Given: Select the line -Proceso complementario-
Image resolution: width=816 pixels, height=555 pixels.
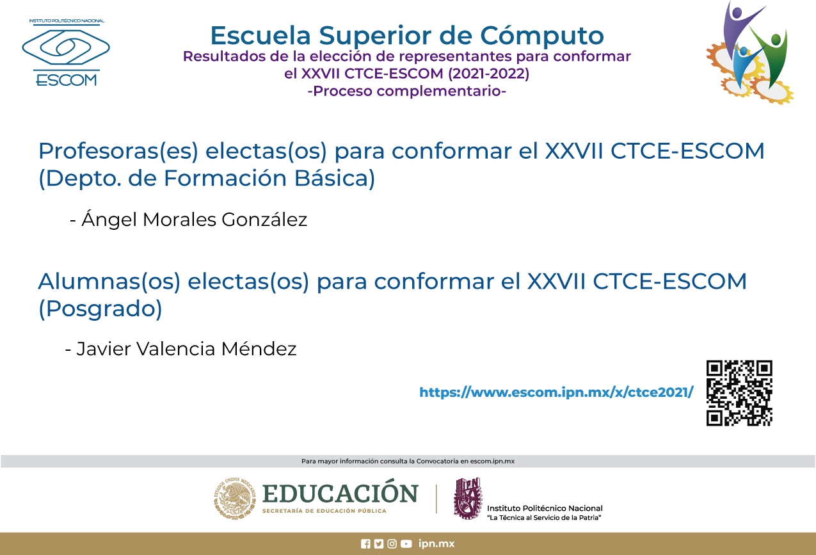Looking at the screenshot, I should pos(407,91).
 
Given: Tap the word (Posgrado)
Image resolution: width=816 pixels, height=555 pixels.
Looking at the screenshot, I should pos(100,309).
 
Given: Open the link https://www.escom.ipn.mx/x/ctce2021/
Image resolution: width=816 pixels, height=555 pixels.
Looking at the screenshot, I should pos(556,392).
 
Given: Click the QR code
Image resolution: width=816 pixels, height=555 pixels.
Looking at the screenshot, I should pos(739,393).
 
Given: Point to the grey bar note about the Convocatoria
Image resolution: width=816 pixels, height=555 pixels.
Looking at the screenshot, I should pos(408,461).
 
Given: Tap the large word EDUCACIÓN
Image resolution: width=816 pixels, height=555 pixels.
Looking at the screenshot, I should pos(340,494).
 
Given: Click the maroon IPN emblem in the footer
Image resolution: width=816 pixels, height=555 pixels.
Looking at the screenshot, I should pos(467,498).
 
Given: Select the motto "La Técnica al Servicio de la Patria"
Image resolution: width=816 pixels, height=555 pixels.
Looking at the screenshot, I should pos(544,517).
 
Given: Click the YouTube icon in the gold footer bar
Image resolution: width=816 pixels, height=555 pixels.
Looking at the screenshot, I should pos(406,544).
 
